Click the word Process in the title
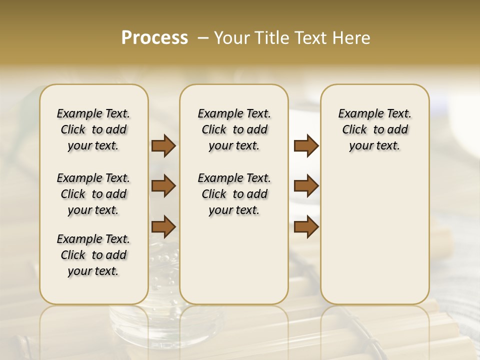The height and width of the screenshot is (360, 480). click(154, 38)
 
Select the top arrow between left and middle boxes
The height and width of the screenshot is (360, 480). click(163, 145)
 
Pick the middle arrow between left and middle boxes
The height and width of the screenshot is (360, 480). click(163, 186)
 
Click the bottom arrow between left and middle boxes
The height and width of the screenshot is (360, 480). click(163, 226)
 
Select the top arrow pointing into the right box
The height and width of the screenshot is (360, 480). click(306, 145)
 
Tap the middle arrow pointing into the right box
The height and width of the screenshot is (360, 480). click(306, 186)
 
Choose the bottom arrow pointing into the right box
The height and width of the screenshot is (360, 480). click(306, 226)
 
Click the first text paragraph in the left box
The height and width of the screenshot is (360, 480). click(93, 129)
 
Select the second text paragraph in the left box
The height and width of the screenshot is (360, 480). click(93, 194)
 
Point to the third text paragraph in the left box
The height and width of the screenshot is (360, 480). click(93, 255)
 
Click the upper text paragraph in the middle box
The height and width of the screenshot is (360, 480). click(234, 129)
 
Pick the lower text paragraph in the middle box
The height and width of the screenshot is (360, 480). click(234, 194)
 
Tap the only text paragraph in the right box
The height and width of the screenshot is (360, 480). click(374, 129)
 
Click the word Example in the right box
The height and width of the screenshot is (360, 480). click(356, 113)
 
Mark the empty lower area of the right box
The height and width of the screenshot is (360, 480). click(374, 235)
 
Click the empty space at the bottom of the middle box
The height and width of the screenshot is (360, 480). click(234, 265)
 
